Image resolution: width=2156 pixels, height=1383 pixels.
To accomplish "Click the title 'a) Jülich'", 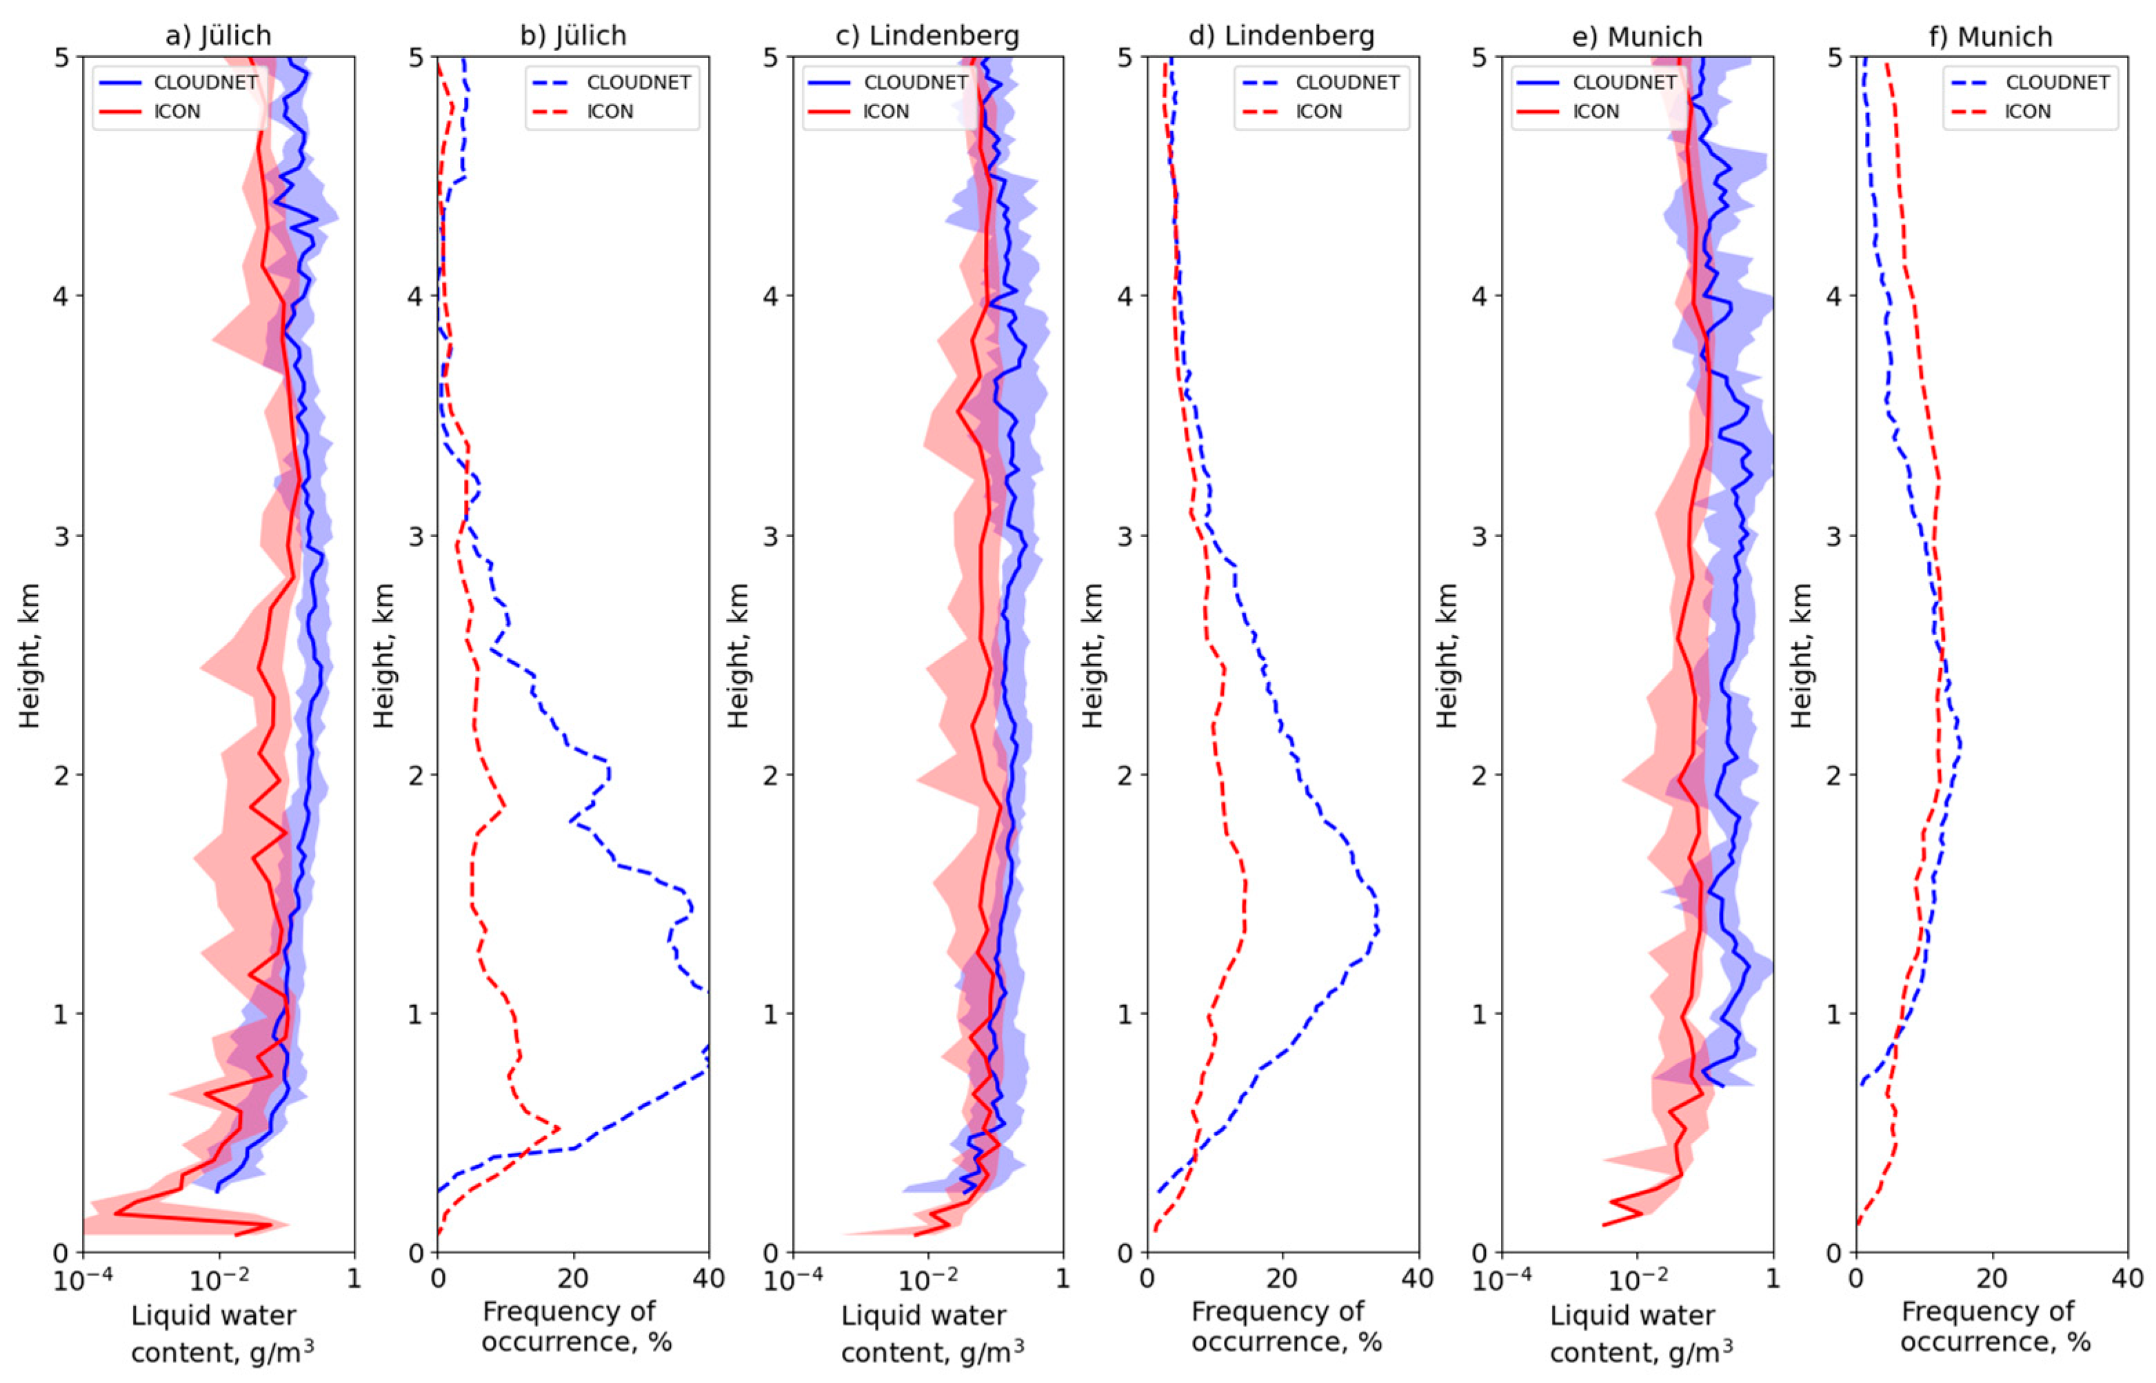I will (218, 36).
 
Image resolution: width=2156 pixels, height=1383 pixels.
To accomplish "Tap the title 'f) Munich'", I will (1992, 36).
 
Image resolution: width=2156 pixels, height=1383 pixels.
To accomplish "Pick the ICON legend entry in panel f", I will (2028, 112).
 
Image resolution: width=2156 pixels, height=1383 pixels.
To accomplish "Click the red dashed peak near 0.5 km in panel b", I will (558, 1128).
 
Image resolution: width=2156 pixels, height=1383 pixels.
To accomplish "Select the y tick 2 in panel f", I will (1836, 775).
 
